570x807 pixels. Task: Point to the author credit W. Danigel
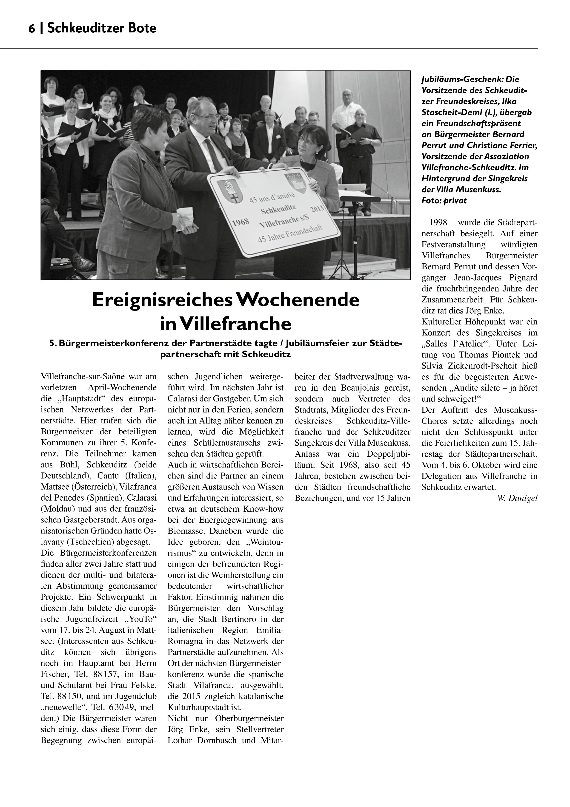[517, 498]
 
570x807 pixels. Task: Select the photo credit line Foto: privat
[444, 201]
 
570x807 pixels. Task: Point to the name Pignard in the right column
[523, 278]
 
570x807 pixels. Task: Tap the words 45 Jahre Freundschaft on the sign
[290, 233]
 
